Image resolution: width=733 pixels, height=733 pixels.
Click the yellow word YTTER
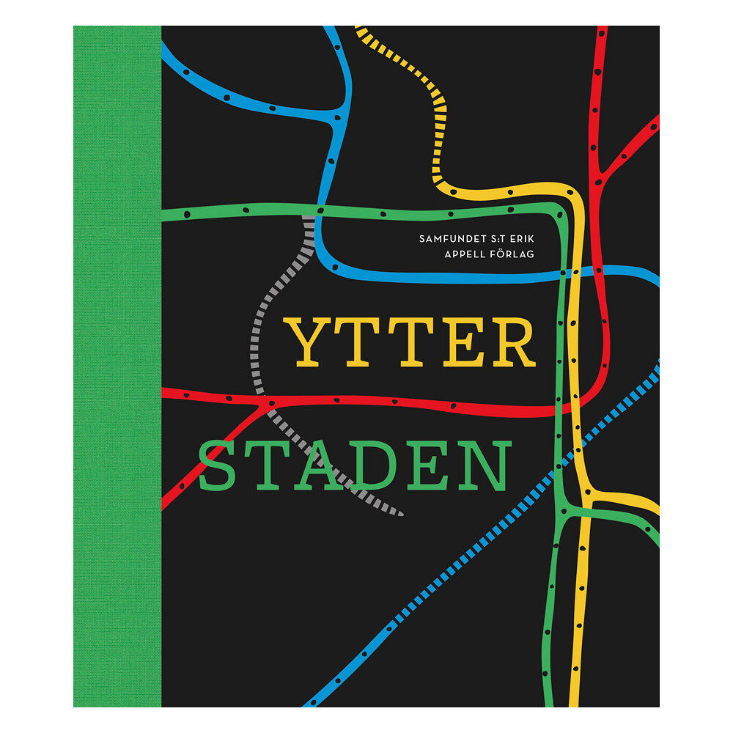click(x=410, y=343)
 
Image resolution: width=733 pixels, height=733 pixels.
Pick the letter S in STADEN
click(x=219, y=467)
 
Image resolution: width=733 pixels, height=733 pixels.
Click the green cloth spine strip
click(x=117, y=366)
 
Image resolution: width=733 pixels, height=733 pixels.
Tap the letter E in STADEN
click(x=429, y=467)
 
